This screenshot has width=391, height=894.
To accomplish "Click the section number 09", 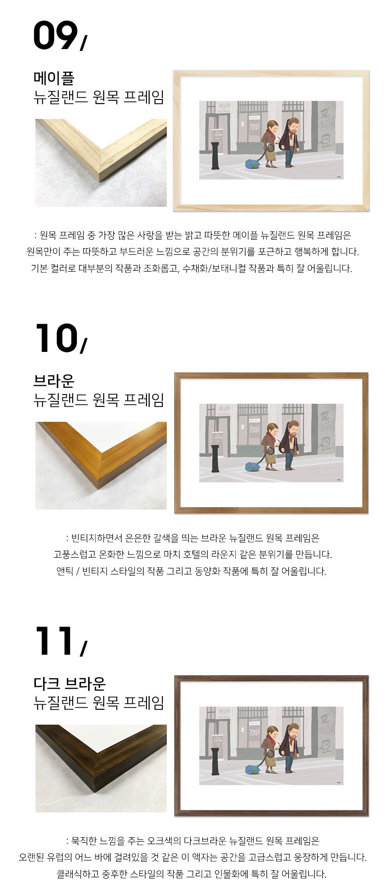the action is click(55, 35).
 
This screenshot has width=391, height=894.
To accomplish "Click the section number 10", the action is click(56, 338).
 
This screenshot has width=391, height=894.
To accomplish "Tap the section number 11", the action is click(55, 641).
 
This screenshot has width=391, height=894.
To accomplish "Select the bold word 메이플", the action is click(54, 78).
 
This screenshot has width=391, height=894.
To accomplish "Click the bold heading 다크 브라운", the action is click(70, 683).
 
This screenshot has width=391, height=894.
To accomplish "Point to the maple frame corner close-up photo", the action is click(101, 163).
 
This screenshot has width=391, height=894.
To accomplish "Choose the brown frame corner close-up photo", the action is click(101, 465).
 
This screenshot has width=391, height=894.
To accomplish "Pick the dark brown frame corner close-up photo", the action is click(101, 768).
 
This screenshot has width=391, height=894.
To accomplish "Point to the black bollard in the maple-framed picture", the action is click(215, 155).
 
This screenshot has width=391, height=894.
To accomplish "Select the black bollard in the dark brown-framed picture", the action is click(215, 761).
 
